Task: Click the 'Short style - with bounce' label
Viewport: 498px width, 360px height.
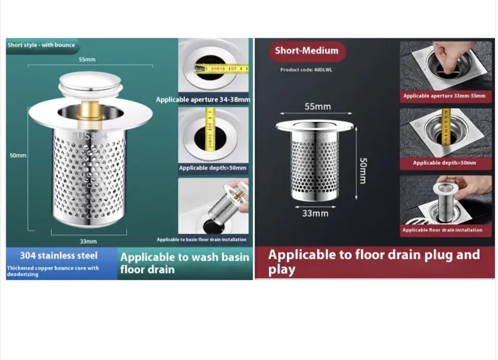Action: click(x=41, y=45)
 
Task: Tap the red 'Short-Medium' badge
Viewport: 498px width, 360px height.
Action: click(x=307, y=51)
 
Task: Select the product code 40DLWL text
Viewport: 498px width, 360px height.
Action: click(x=306, y=70)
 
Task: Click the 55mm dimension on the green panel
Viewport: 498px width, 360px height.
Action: click(x=87, y=59)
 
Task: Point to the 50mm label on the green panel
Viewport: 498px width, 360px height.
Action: click(x=18, y=155)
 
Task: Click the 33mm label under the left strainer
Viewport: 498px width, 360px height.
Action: click(x=88, y=241)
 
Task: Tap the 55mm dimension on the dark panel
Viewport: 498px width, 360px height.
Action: click(x=318, y=107)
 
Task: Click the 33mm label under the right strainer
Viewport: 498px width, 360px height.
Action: click(x=315, y=213)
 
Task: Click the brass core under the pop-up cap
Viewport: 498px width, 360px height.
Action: click(x=90, y=110)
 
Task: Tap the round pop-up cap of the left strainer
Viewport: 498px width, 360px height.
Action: click(x=90, y=82)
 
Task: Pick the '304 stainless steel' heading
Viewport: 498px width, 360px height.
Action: click(x=59, y=256)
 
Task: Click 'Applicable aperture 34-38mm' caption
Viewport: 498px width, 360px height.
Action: click(x=203, y=100)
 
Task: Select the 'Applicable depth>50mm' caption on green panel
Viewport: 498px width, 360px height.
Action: click(x=213, y=168)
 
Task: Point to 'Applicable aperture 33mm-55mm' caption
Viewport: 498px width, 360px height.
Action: click(x=444, y=96)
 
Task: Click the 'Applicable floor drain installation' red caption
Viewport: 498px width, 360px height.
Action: click(x=442, y=230)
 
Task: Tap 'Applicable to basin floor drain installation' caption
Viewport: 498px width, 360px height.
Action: click(x=201, y=239)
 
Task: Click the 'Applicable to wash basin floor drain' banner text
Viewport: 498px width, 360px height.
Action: click(x=185, y=263)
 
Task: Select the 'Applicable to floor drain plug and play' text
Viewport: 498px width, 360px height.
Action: click(x=374, y=262)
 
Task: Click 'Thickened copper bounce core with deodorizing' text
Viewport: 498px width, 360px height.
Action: click(x=53, y=271)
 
